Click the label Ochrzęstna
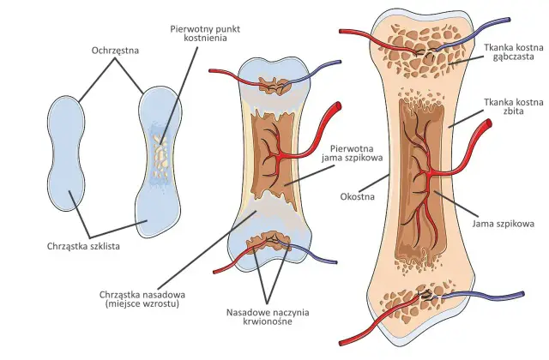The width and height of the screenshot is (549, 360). click(x=115, y=51)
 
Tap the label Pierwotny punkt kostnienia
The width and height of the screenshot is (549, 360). click(x=205, y=33)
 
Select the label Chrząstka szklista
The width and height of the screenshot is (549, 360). click(x=83, y=246)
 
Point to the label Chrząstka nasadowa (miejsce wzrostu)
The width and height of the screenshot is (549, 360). click(x=142, y=299)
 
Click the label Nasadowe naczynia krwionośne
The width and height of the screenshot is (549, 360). click(x=268, y=316)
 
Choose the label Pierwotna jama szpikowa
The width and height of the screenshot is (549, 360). click(x=353, y=153)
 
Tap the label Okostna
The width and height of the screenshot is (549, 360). click(x=357, y=196)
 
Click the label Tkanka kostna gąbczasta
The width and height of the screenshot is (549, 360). click(x=514, y=51)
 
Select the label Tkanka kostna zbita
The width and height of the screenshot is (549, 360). click(x=514, y=106)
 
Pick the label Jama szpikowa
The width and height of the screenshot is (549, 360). click(x=504, y=224)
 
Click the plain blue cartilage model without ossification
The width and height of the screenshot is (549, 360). click(x=66, y=153)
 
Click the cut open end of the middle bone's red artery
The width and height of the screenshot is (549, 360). click(x=337, y=106)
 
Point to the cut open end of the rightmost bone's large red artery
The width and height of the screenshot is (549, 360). click(x=488, y=123)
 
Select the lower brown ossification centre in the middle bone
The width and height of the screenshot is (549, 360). click(x=268, y=242)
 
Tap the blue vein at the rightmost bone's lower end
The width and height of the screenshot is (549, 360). click(x=481, y=297)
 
